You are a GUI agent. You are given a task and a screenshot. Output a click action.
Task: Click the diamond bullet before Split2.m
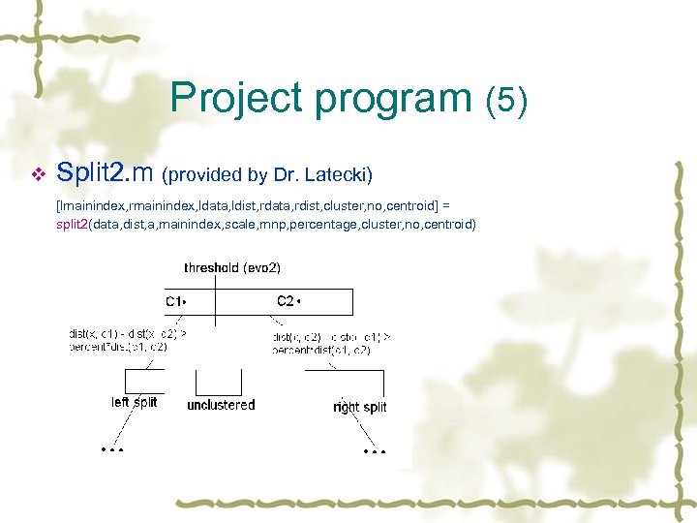(38, 174)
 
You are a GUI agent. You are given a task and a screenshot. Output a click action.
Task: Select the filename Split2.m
(105, 173)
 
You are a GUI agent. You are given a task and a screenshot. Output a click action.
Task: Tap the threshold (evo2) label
(232, 267)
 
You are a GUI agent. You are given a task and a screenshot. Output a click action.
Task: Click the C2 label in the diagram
(288, 301)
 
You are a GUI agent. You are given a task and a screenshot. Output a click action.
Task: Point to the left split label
(134, 402)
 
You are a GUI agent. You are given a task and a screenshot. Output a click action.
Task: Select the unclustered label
(221, 405)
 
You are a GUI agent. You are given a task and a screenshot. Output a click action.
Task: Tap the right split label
(359, 407)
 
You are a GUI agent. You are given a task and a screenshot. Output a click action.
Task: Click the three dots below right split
(374, 451)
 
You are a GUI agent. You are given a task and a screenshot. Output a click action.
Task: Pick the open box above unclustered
(220, 380)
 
